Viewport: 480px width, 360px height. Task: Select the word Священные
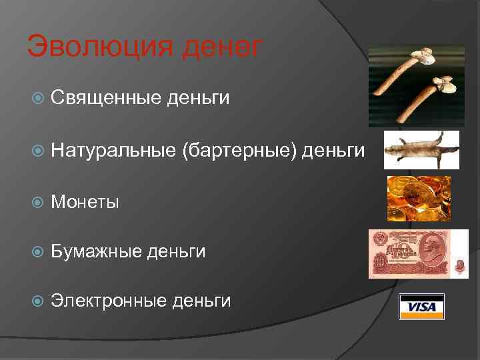click(x=106, y=99)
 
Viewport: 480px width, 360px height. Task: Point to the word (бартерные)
click(x=239, y=151)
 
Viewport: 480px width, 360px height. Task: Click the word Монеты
click(x=85, y=201)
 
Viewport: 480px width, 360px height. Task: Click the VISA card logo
click(x=421, y=307)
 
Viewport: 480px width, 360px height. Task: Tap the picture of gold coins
click(x=419, y=198)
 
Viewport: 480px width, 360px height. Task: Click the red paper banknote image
click(x=418, y=253)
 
